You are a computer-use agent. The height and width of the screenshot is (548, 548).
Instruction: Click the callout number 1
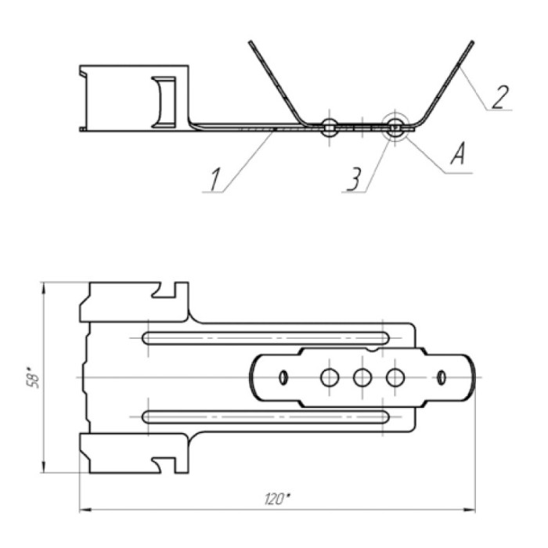point(215,179)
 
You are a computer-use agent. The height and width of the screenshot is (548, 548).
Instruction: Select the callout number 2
point(500,97)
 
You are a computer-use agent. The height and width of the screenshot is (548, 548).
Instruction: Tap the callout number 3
point(354,179)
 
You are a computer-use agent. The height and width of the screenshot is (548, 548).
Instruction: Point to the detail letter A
point(458,154)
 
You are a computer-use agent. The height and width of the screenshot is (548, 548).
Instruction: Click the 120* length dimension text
point(277,499)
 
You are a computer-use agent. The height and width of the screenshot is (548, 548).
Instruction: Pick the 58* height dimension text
point(33,377)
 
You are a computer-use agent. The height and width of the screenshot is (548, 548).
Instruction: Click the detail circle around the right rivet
point(395,126)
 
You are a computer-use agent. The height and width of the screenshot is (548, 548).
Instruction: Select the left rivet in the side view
point(330,127)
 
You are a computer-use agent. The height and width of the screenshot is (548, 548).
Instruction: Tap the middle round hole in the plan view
point(362,377)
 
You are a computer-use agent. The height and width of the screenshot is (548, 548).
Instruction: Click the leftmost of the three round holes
point(330,377)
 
